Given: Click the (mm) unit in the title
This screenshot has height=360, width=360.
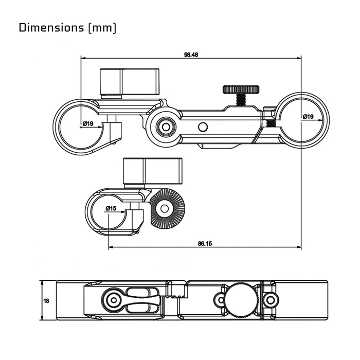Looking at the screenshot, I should (102, 27).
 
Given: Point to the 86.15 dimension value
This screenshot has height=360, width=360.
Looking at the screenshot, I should (205, 244).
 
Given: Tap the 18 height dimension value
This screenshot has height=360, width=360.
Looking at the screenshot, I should (47, 301).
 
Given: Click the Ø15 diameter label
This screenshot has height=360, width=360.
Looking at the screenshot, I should (111, 208).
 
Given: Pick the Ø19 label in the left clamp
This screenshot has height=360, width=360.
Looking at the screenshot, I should (87, 123).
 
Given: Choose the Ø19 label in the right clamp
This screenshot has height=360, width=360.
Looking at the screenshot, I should (308, 117).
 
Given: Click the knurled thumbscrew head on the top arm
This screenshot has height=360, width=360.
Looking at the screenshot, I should (241, 89).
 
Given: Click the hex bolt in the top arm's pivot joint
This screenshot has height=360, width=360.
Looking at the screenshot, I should (165, 127).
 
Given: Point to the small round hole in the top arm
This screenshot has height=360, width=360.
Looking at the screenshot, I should (203, 127).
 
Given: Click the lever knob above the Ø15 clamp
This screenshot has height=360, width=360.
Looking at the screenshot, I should (153, 171).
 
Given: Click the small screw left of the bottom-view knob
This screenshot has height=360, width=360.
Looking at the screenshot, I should (220, 299).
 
